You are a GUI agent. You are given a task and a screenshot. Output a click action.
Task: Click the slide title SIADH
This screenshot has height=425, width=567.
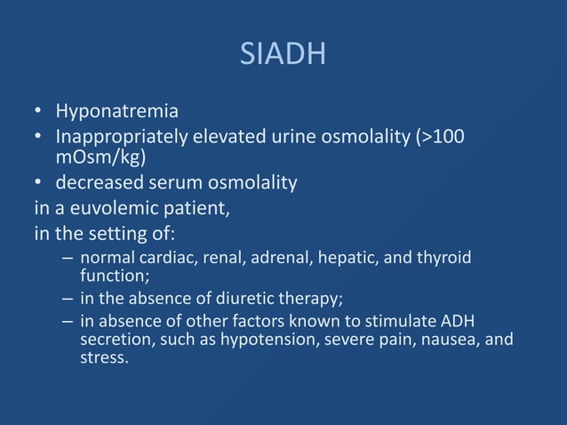click(283, 56)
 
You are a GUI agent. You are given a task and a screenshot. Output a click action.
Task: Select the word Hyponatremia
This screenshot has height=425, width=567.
click(116, 112)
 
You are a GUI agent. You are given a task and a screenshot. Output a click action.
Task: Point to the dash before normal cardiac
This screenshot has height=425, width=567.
click(68, 259)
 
